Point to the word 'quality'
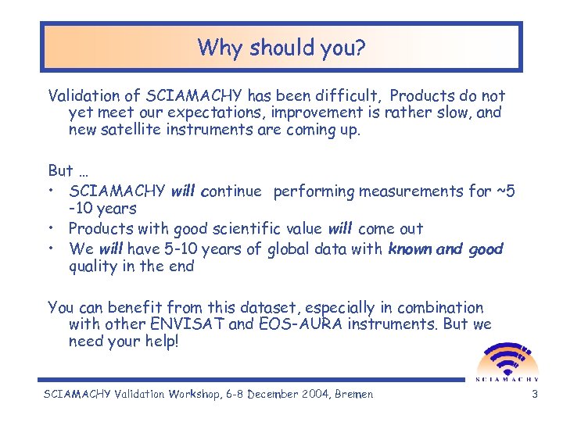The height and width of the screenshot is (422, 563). (94, 266)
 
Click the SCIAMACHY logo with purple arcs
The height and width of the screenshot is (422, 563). (507, 361)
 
